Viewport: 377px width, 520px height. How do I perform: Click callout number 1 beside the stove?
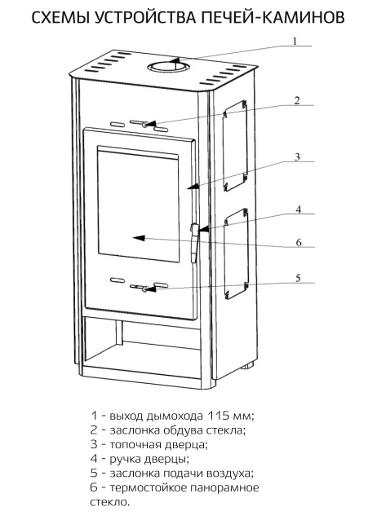click(295, 41)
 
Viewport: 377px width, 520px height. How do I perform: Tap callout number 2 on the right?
click(297, 100)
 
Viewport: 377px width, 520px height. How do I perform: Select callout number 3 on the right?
click(297, 156)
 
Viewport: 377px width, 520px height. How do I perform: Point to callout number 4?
click(299, 209)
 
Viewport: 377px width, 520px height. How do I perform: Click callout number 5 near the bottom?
click(298, 278)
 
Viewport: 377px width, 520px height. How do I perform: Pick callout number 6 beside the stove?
click(299, 242)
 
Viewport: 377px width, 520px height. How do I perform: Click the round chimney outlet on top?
click(168, 68)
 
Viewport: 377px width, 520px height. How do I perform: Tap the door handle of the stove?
click(194, 243)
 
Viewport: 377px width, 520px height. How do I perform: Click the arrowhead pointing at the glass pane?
click(139, 237)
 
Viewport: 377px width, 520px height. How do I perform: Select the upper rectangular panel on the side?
click(236, 146)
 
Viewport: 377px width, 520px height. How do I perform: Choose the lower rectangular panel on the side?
click(236, 253)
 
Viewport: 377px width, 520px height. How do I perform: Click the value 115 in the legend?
click(218, 415)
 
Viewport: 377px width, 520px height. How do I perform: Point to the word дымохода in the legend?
click(175, 416)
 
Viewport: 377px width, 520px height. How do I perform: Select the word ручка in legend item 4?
click(126, 460)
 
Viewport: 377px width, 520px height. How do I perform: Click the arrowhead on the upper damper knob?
click(150, 124)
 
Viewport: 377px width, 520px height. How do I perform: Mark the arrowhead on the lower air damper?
click(150, 289)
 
